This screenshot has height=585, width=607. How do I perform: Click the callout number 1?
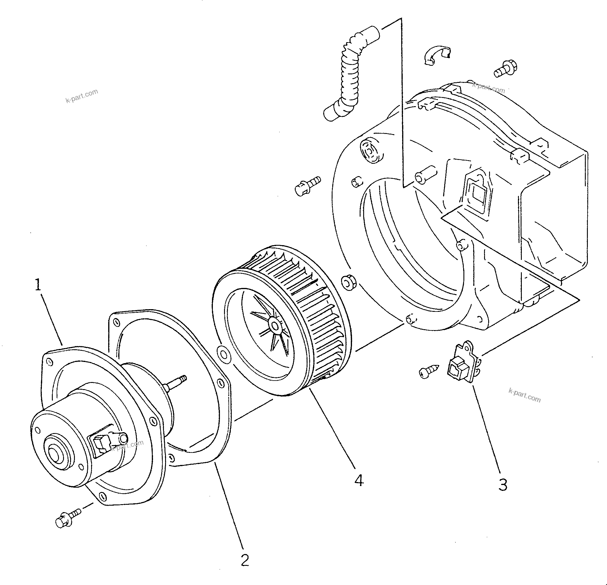coord(38,285)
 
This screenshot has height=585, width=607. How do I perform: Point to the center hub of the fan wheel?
coord(274,326)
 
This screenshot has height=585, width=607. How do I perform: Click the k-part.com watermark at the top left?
coord(82,95)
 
